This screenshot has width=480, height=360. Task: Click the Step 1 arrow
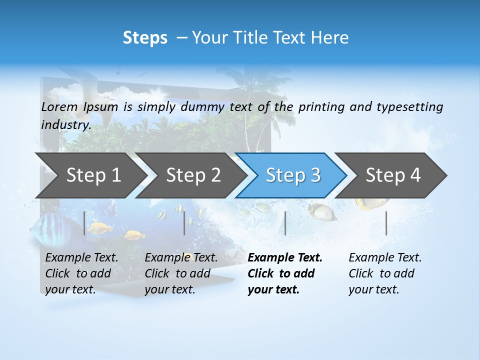click(x=90, y=175)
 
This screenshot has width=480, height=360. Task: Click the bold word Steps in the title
click(x=145, y=38)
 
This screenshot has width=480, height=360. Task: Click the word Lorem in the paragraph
click(x=59, y=107)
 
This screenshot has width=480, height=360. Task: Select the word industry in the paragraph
click(x=65, y=125)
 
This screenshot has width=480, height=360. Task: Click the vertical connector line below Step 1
click(x=84, y=223)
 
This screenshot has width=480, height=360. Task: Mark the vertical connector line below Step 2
click(x=184, y=223)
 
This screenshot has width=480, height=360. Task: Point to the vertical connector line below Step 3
click(x=285, y=223)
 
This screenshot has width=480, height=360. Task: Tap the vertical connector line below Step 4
click(x=386, y=223)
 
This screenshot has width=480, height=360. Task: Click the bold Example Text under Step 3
click(x=285, y=258)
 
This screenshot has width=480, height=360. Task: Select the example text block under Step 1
click(x=81, y=273)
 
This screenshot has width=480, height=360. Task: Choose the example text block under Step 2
click(x=181, y=273)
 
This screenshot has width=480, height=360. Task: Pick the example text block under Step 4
click(x=385, y=273)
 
